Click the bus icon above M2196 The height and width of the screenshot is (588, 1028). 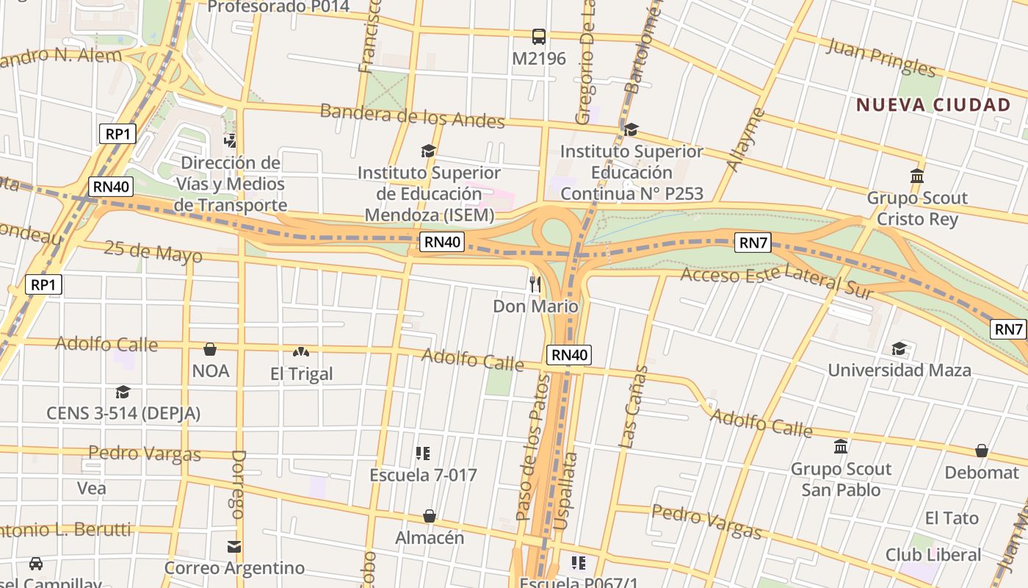[538, 36]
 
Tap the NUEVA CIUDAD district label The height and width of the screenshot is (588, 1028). [933, 105]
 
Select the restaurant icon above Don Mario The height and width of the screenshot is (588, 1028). [535, 283]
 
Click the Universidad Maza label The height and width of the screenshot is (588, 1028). [899, 370]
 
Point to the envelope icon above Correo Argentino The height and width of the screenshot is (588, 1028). [234, 547]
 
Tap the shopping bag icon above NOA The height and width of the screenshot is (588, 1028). [210, 349]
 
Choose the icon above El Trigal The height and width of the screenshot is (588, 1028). [300, 353]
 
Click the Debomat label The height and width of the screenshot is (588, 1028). [982, 473]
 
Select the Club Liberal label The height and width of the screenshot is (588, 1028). [933, 554]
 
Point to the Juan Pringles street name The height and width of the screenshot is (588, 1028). [881, 57]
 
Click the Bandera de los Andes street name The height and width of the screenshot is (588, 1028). [412, 115]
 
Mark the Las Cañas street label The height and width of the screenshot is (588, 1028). [633, 406]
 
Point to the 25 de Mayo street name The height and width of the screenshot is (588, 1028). [153, 251]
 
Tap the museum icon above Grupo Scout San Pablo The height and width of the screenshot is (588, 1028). [841, 447]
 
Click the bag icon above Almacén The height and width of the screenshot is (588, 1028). [430, 517]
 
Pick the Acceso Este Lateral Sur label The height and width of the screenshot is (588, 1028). [778, 282]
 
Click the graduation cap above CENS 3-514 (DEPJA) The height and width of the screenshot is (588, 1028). [123, 392]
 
